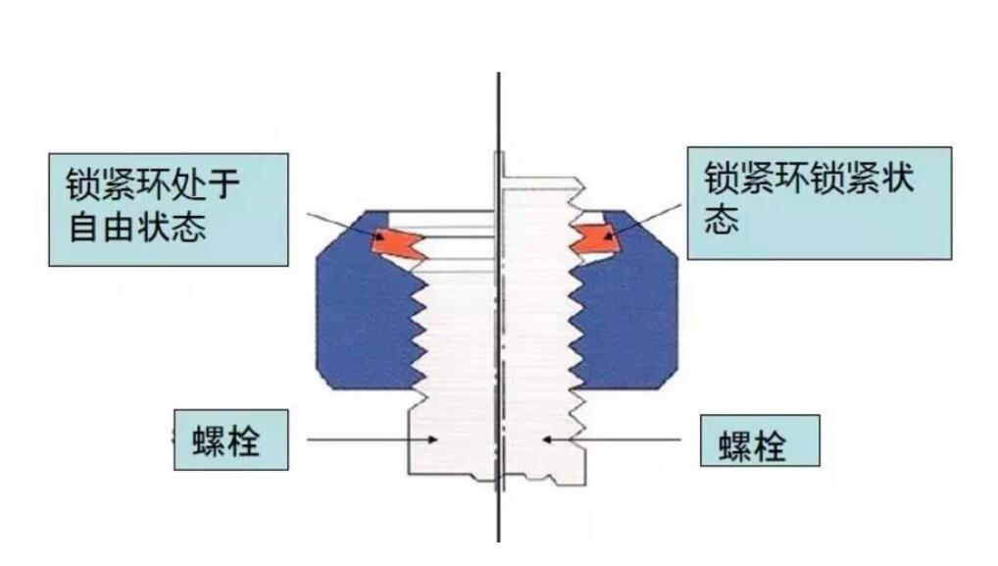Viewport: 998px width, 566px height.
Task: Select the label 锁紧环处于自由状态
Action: pos(168,208)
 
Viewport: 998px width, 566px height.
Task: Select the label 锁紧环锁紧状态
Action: pos(819,202)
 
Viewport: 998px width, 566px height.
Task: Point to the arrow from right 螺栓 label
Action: pos(618,439)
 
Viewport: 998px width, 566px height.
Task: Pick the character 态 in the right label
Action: pos(721,221)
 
